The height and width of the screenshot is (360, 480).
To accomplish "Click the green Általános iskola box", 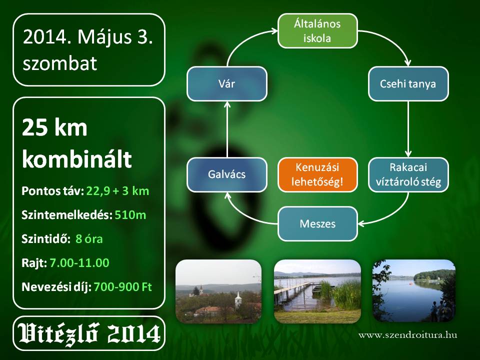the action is [317, 31].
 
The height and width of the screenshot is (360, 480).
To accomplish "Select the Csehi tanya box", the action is [408, 83].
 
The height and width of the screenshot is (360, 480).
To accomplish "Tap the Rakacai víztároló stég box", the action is [408, 175].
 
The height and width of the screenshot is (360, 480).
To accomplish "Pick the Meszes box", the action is [317, 224].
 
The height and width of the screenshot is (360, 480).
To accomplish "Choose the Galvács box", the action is [227, 175].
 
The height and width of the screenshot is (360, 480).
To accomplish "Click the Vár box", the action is [227, 83].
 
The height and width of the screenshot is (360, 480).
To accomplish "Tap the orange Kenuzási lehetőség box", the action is [317, 175].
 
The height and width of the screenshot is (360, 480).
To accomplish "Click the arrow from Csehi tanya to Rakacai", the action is [408, 129].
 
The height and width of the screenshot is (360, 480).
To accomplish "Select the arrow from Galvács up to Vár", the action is [227, 129].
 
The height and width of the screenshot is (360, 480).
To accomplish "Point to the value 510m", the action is [130, 215].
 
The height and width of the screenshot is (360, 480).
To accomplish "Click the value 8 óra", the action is [89, 239].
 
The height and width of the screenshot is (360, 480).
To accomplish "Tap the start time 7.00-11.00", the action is [79, 262].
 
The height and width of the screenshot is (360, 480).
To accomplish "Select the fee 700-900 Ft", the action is [123, 287].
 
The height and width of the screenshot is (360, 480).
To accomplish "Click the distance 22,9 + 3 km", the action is [118, 191].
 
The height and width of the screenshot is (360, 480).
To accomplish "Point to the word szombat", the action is [60, 63].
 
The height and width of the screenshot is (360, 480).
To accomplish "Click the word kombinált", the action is [77, 159].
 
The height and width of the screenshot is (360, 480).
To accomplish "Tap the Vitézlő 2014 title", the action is [89, 333].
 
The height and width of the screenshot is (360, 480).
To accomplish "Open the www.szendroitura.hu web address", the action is [408, 335].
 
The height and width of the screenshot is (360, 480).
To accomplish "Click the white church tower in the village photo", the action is [238, 299].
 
